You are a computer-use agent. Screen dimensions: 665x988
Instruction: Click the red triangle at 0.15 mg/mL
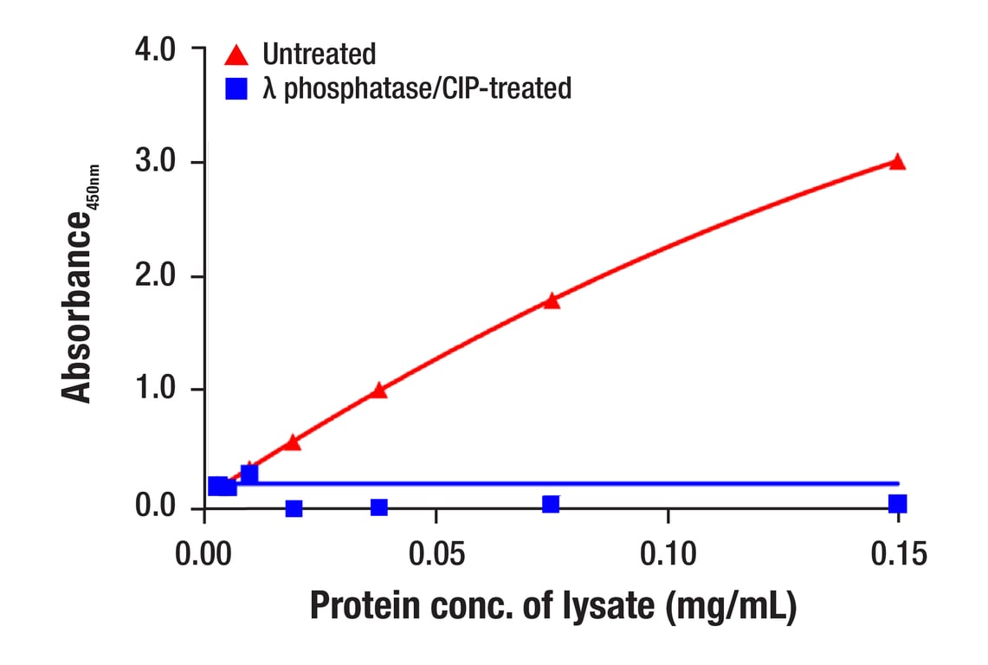(x=897, y=162)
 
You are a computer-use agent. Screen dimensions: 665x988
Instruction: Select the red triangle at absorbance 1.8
(x=552, y=300)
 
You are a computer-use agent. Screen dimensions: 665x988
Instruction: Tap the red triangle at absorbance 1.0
(x=378, y=391)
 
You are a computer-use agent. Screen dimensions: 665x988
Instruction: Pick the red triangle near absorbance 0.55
(x=293, y=442)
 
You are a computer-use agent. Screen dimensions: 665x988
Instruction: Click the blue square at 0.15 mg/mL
(x=897, y=504)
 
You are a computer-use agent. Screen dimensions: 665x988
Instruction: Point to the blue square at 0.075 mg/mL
(x=551, y=504)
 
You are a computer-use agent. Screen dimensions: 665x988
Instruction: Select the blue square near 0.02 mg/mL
(x=294, y=508)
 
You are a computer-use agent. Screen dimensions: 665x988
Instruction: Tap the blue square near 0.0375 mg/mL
(x=378, y=507)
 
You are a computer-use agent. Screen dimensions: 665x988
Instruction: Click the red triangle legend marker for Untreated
(x=236, y=56)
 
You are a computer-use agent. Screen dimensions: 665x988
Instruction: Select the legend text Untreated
(x=320, y=55)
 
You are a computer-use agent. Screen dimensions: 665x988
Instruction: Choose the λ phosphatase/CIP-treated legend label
(x=417, y=88)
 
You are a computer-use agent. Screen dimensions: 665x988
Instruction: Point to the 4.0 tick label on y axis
(x=156, y=49)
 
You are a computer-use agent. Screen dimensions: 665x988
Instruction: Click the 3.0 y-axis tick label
(x=156, y=163)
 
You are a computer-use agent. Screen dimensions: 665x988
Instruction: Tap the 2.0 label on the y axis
(x=156, y=277)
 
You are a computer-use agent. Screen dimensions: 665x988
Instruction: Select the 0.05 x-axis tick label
(x=436, y=552)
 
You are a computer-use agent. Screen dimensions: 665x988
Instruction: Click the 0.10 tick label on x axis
(x=668, y=552)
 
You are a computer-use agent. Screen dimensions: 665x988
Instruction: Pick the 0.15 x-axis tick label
(x=897, y=552)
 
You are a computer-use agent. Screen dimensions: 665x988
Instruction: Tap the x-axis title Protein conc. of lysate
(x=552, y=607)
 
